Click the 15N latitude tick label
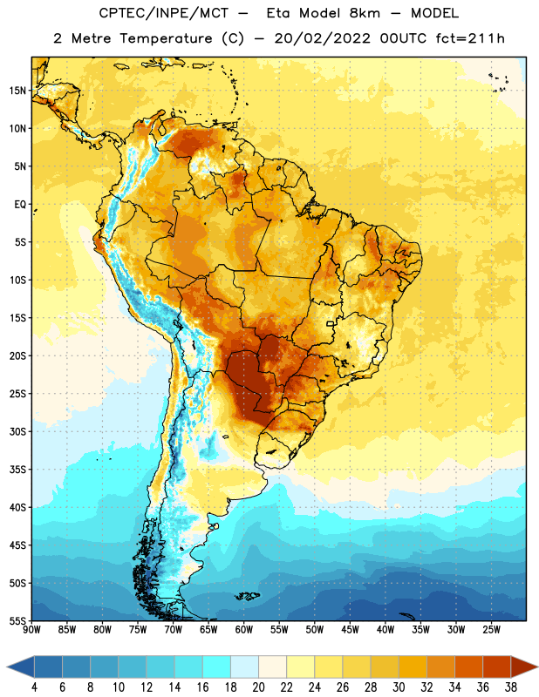(17, 91)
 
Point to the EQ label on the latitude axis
(20, 205)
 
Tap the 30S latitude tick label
(17, 431)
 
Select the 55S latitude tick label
(17, 620)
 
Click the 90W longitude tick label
(31, 630)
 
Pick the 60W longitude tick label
(244, 630)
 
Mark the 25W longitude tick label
(491, 630)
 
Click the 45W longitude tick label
(350, 630)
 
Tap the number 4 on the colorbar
(34, 687)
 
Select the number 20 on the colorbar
(258, 687)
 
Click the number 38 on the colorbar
(511, 687)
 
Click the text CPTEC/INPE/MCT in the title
(164, 13)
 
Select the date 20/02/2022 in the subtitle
(322, 38)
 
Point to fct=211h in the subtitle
(470, 38)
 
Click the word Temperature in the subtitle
(166, 38)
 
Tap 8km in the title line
(365, 13)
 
